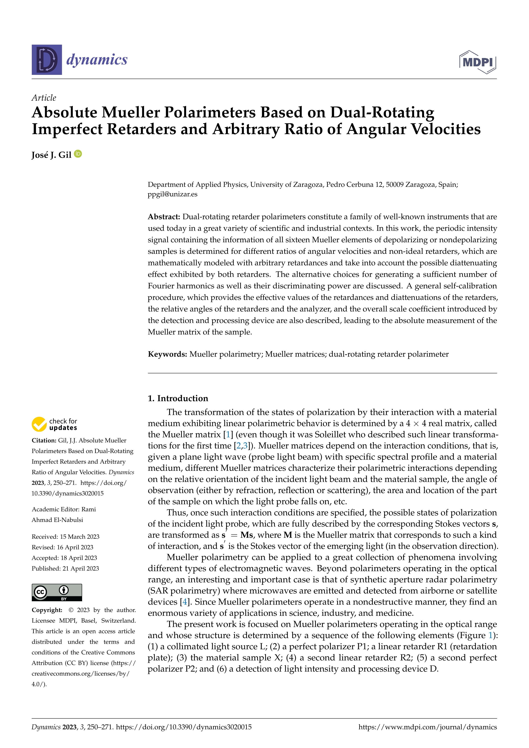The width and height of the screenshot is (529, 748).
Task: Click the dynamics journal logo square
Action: click(47, 60)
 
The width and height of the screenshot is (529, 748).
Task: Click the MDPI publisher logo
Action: click(478, 62)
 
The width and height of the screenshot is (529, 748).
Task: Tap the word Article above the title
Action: click(44, 98)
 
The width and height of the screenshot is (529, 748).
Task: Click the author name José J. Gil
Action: click(51, 155)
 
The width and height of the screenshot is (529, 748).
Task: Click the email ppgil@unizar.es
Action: click(172, 195)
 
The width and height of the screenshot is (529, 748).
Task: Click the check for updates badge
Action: click(54, 424)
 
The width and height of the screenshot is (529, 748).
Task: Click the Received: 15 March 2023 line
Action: click(65, 537)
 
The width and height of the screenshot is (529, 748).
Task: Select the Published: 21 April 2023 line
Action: click(65, 568)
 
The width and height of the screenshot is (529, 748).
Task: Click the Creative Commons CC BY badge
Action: click(57, 592)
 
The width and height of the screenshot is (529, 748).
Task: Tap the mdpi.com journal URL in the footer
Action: click(427, 727)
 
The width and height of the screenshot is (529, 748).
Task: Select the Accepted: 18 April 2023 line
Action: click(64, 558)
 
